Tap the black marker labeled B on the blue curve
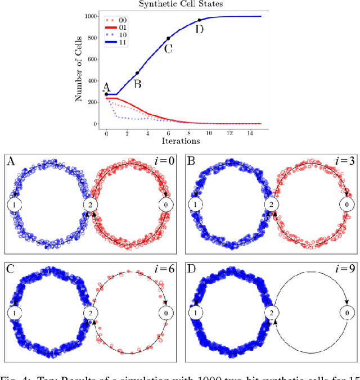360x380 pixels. click(137, 73)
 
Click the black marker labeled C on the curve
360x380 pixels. click(168, 39)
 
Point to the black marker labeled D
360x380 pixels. click(199, 20)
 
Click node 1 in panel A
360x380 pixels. click(14, 205)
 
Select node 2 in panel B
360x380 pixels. click(271, 205)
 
